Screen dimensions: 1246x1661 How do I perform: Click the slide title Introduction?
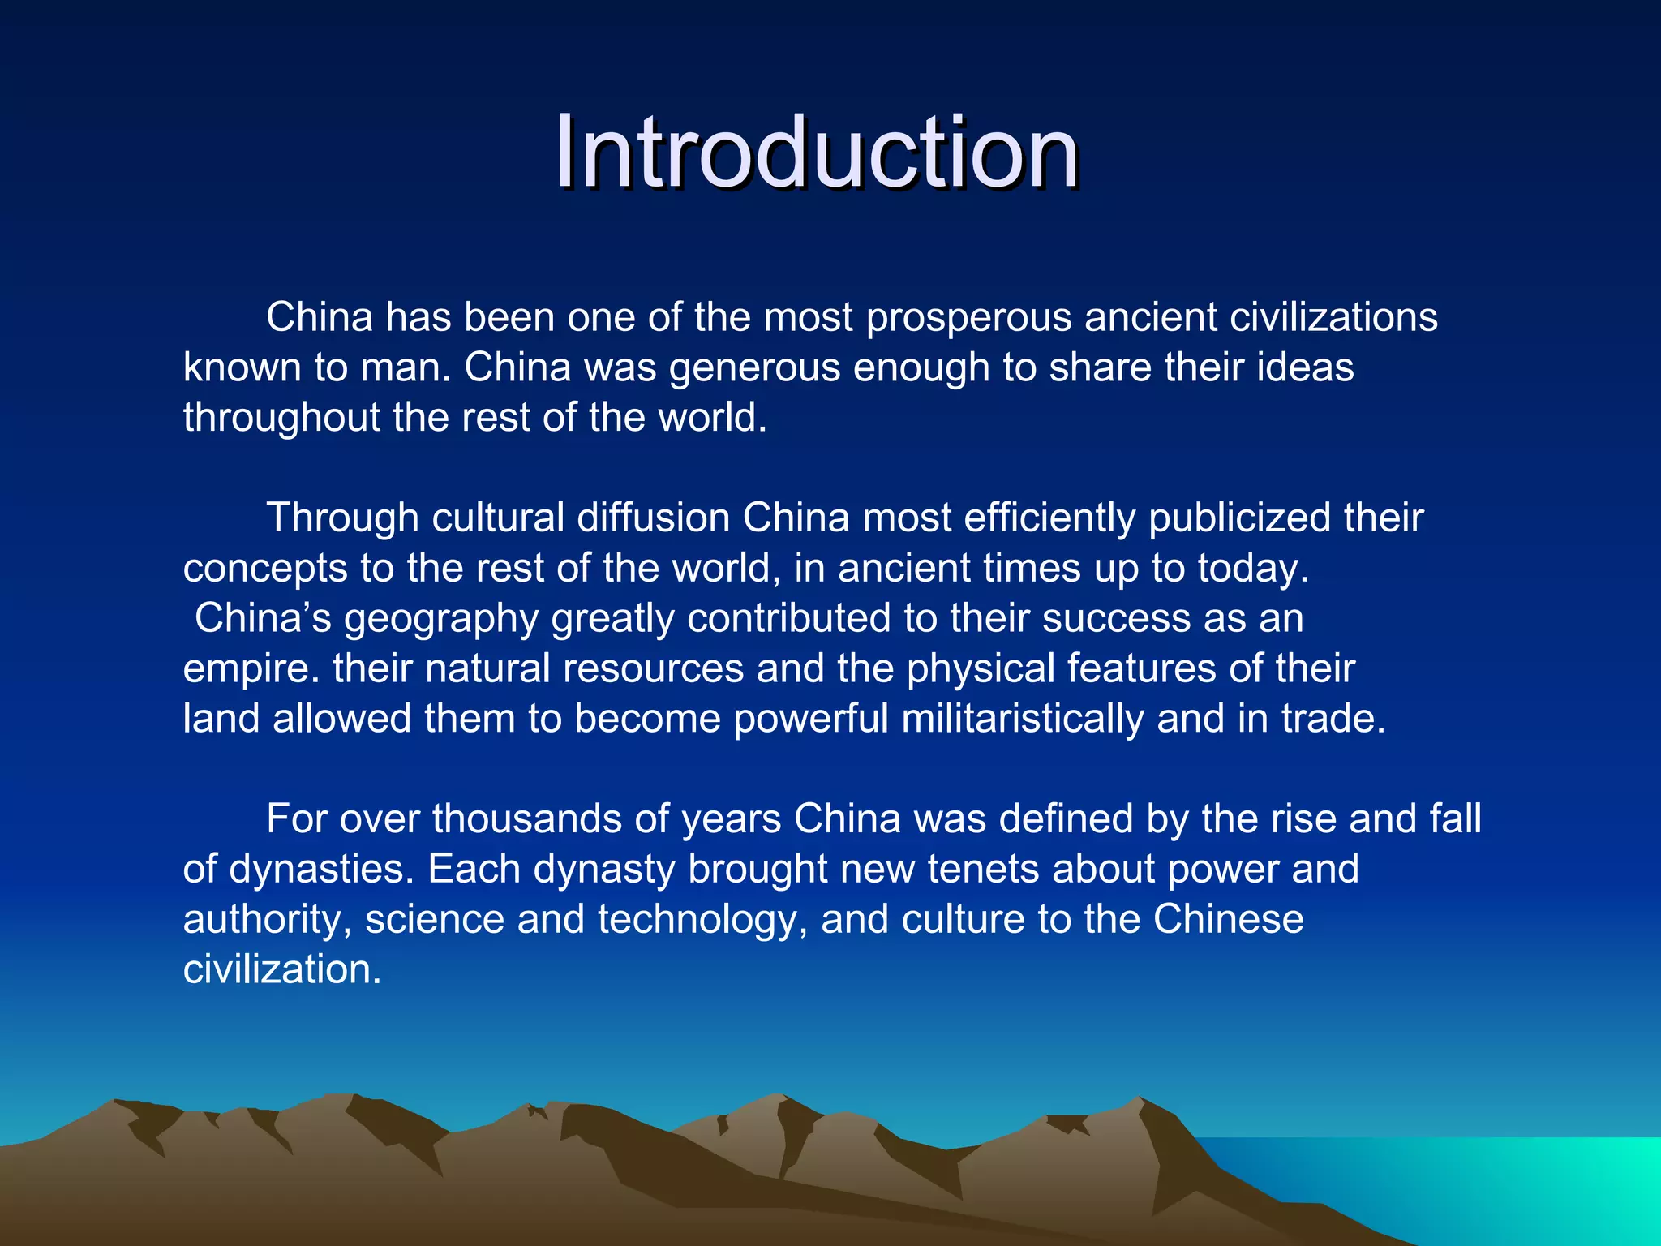pyautogui.click(x=817, y=153)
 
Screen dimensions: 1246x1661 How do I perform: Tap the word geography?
pyautogui.click(x=440, y=619)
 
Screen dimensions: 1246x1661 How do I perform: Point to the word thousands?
pyautogui.click(x=527, y=819)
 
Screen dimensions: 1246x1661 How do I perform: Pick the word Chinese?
pyautogui.click(x=1228, y=920)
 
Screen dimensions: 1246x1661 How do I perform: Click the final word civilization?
pyautogui.click(x=281, y=970)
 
